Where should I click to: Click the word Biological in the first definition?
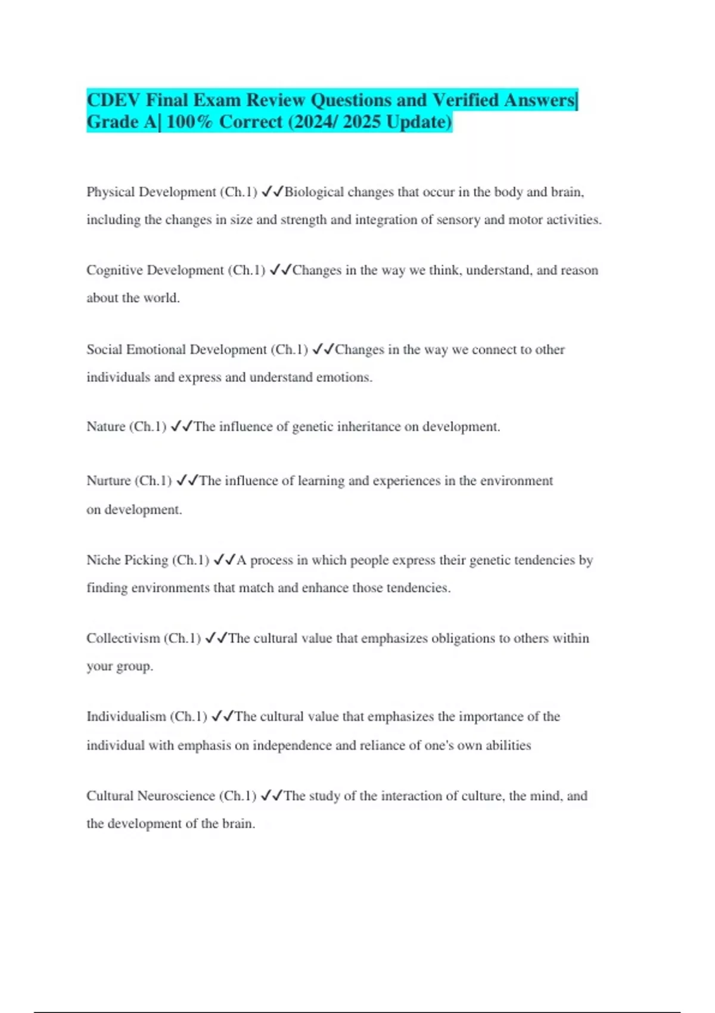click(x=314, y=192)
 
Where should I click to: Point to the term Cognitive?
click(x=114, y=271)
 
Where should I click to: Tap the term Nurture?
click(x=108, y=481)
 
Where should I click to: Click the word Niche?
click(x=102, y=560)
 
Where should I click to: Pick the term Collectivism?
click(x=123, y=638)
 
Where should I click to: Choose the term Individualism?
click(x=126, y=716)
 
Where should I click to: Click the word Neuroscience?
click(x=176, y=796)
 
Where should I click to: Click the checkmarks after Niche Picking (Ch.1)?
click(x=224, y=560)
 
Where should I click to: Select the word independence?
click(x=292, y=745)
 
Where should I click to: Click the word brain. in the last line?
click(x=238, y=824)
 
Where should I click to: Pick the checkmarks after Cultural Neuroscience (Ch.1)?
click(x=271, y=796)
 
